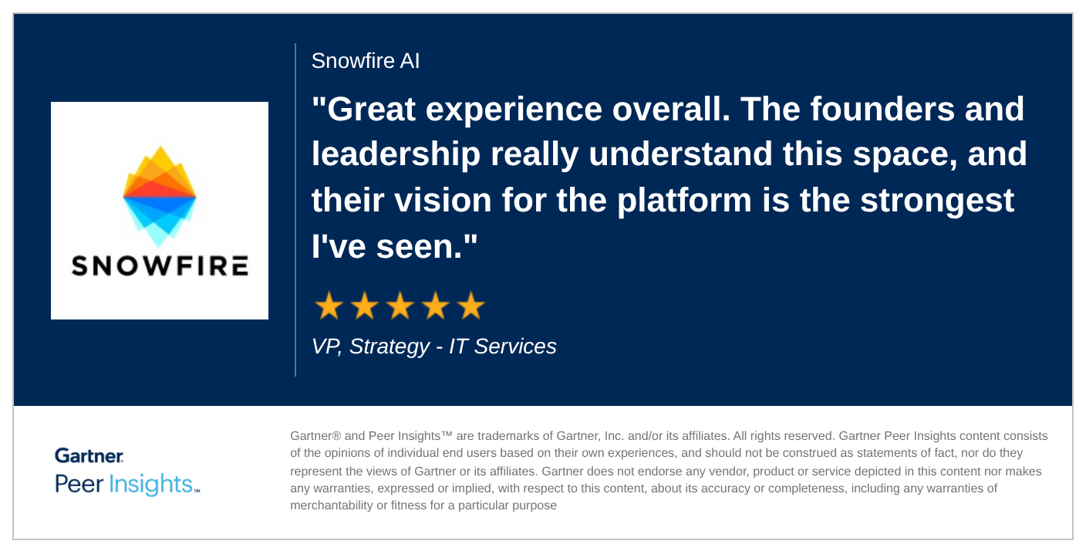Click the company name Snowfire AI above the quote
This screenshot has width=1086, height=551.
[366, 61]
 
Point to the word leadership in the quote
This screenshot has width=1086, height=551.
[396, 155]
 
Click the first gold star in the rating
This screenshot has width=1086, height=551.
[329, 306]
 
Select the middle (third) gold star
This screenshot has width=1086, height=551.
[400, 306]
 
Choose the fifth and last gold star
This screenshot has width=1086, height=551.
[470, 306]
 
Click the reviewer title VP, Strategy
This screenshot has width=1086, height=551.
[369, 346]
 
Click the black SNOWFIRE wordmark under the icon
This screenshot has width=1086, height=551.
[160, 266]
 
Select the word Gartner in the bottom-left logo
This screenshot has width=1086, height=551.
[89, 455]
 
